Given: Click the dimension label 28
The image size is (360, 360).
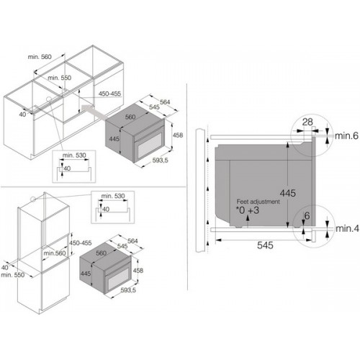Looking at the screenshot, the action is coord(307,122).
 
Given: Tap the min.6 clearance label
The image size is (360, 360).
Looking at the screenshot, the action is coord(346,136).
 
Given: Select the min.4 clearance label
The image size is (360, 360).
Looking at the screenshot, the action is coord(347,228).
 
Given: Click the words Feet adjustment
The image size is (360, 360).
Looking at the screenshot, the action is coord(258,202).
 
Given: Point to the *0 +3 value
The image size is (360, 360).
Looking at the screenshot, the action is coord(248,210).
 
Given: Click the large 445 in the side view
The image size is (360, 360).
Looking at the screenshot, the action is coord(288,193).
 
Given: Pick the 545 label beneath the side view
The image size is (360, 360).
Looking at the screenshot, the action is coord(265,245).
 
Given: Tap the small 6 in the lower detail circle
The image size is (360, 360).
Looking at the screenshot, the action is coord(307,216).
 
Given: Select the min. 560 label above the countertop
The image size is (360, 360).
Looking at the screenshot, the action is coord(40,57).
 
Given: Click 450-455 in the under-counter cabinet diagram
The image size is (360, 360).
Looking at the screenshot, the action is coord(109,94).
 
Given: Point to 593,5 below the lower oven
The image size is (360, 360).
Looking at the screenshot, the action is coord(128,290).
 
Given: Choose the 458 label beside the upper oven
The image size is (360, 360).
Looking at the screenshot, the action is coord(178,135).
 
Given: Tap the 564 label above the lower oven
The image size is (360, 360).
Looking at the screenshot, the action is coord(132,240).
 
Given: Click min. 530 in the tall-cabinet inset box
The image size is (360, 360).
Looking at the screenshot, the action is coord(113,196).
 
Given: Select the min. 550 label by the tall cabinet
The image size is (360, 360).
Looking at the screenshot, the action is coord(13,275).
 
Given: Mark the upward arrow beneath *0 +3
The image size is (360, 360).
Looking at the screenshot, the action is coord(248,221).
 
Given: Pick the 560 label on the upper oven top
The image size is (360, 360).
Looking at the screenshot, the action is coord(130,117).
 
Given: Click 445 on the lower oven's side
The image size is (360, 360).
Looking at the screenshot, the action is coord(86,274).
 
